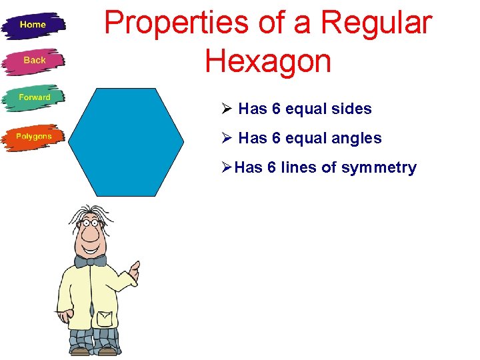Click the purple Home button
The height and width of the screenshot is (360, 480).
(33, 25)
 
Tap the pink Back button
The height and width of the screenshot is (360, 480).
(34, 61)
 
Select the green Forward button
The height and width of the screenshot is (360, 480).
(34, 97)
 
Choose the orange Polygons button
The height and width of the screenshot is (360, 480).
(33, 137)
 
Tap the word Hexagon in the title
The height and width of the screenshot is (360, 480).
(268, 61)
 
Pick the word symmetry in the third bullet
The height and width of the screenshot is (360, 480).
(379, 168)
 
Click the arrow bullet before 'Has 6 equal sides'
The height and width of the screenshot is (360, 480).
(227, 109)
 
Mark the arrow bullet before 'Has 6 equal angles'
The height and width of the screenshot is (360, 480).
(227, 139)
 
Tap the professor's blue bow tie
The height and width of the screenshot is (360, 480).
(90, 260)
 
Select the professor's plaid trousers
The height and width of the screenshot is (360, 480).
(93, 339)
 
